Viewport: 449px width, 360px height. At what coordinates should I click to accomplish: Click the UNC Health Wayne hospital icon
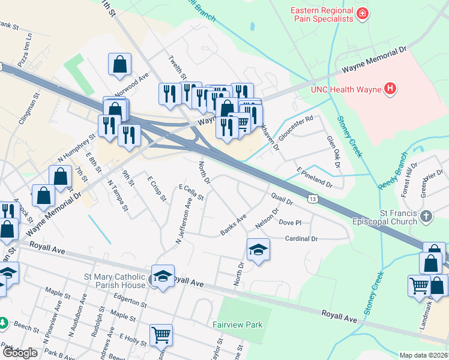(x=391, y=90)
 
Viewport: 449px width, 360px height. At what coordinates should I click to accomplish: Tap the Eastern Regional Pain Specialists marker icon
(x=362, y=13)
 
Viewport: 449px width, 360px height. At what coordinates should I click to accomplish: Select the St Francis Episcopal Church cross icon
(x=426, y=216)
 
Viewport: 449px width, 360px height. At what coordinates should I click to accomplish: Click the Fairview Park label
(x=238, y=325)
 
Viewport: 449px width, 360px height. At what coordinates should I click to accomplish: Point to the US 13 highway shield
(x=312, y=198)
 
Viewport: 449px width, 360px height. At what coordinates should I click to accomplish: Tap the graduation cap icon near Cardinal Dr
(x=258, y=248)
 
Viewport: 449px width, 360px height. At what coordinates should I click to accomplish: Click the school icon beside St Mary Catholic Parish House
(x=163, y=275)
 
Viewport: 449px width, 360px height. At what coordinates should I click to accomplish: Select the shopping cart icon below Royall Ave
(x=161, y=335)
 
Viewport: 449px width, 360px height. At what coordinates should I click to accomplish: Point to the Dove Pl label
(x=290, y=222)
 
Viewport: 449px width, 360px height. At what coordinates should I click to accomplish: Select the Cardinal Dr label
(x=301, y=238)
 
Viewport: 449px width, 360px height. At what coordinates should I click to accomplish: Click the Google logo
(x=20, y=353)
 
